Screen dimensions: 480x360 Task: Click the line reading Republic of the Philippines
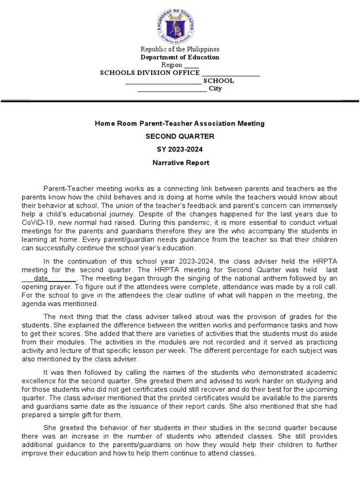[x=180, y=49]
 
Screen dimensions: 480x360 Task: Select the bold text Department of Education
[x=180, y=57]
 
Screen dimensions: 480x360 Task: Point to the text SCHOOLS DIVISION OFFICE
[x=150, y=73]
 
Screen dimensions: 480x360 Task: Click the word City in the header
[x=215, y=88]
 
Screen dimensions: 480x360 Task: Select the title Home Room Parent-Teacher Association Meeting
[x=180, y=124]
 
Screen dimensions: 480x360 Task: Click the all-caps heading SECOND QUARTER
[x=180, y=137]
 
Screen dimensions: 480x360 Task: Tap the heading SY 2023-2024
[x=180, y=150]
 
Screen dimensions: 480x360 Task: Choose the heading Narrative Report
[x=180, y=163]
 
